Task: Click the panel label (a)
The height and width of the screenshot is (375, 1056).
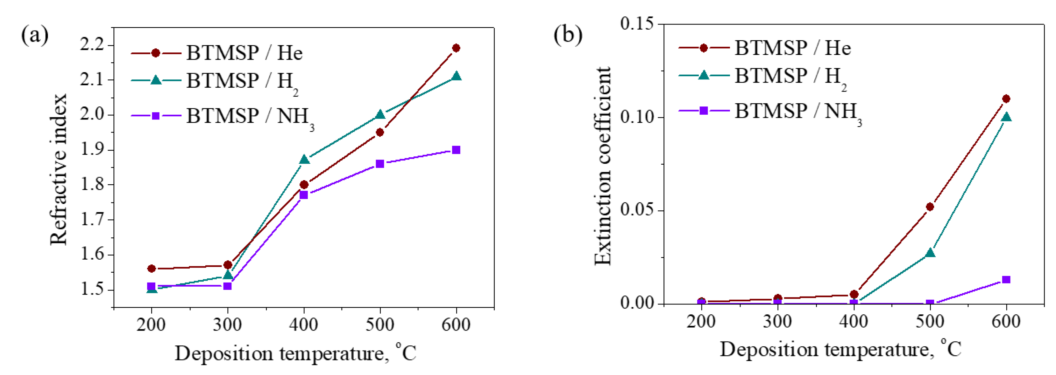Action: [35, 35]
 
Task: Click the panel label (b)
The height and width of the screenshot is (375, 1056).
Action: [568, 35]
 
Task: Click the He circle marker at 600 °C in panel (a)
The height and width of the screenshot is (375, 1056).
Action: [456, 48]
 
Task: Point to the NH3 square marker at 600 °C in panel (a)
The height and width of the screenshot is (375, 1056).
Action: [456, 150]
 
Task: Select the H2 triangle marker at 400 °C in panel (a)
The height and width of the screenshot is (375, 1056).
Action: [304, 160]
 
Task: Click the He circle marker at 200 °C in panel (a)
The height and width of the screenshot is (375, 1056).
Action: [151, 269]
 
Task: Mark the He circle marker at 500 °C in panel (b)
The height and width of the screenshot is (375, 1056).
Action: [930, 207]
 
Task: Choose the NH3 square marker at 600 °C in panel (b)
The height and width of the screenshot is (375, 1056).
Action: [1006, 280]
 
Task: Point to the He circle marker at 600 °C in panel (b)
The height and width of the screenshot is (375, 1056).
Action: [1006, 99]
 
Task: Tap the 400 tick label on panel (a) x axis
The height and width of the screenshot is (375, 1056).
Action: [303, 325]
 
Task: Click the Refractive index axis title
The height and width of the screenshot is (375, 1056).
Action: [58, 169]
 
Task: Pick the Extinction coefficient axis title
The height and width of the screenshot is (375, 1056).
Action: [603, 166]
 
